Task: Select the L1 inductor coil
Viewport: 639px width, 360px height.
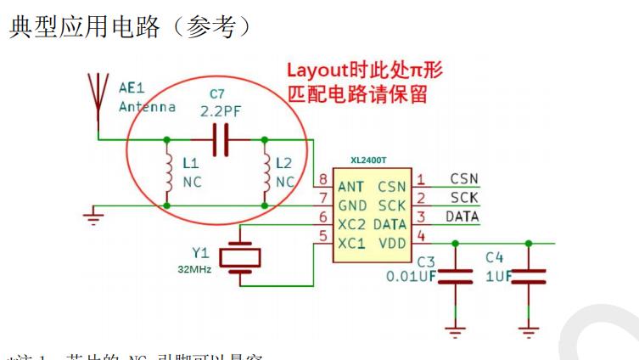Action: (167, 172)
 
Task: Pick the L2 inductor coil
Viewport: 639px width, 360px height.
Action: (266, 172)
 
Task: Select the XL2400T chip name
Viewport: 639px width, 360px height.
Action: (370, 160)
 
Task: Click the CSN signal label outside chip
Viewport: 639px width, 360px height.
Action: (463, 179)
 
